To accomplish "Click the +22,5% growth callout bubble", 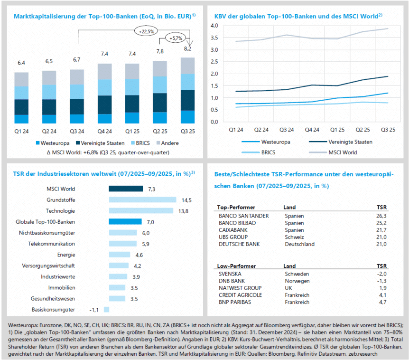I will (x=146, y=31).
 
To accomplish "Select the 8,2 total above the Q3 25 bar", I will (x=188, y=48).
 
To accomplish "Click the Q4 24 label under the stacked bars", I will (x=104, y=131).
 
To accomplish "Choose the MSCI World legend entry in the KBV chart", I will (x=341, y=152).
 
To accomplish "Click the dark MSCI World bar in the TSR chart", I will (x=126, y=189).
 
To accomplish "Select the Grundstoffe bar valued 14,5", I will (x=142, y=199).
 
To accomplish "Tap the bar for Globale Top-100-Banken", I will (x=125, y=221).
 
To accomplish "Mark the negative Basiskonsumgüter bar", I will (x=106, y=309).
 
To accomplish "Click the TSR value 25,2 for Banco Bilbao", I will (x=381, y=223).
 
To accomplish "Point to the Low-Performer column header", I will (x=236, y=266).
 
